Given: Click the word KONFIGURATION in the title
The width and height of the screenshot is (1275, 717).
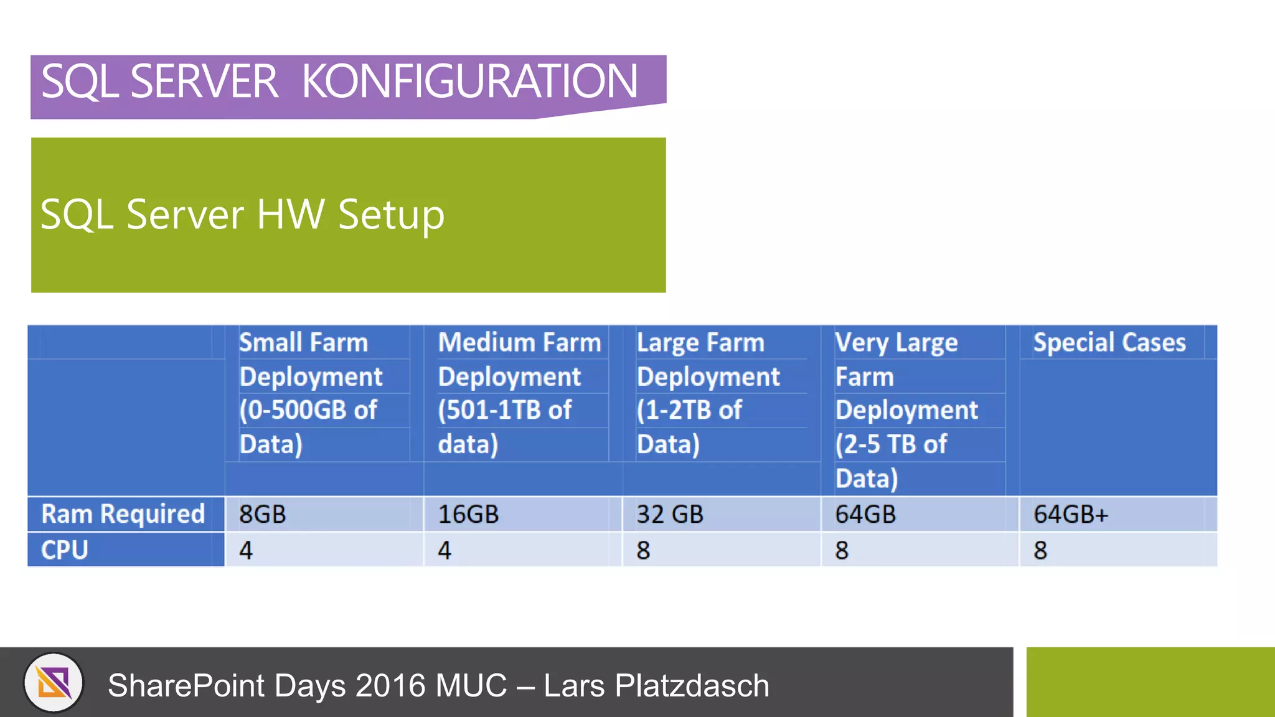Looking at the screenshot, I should (x=469, y=82).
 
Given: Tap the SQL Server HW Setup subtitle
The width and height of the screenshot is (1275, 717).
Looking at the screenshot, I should (x=242, y=215).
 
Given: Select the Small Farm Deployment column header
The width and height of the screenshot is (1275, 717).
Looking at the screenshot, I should (x=311, y=393).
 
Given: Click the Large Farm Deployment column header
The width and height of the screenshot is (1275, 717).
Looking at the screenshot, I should (x=708, y=393).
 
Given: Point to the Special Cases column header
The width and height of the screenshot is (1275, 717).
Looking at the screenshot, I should (x=1109, y=343).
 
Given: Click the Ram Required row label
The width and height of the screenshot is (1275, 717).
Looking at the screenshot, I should (x=123, y=514).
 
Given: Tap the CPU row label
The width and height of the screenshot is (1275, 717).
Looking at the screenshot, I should (x=65, y=550).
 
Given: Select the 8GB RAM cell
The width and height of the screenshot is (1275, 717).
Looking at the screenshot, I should (x=263, y=515).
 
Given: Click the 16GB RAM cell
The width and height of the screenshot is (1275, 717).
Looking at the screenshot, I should (x=468, y=515).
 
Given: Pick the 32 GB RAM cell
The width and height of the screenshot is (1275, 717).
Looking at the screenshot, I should (x=669, y=515).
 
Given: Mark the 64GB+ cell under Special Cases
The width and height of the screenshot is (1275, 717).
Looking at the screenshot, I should (x=1071, y=515).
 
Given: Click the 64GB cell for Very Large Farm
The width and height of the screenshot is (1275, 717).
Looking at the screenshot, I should (x=865, y=515).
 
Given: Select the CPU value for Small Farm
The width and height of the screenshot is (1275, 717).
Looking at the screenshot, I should (x=246, y=551).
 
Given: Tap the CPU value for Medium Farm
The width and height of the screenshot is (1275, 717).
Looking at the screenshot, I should (x=445, y=551).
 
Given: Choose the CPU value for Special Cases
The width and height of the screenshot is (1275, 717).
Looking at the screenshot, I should (x=1040, y=551).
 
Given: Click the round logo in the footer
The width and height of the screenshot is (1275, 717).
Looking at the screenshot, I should (x=54, y=683).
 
